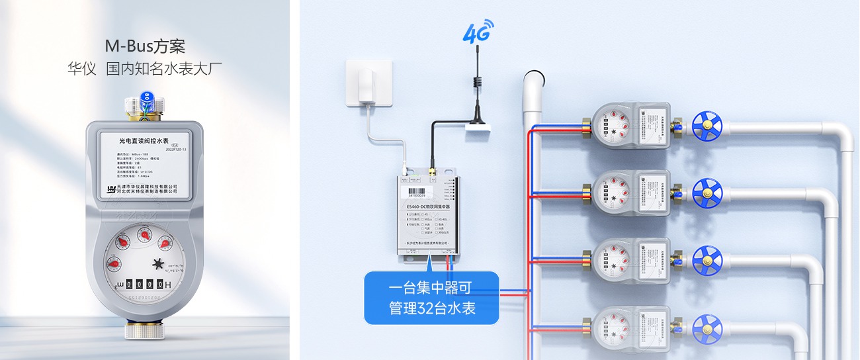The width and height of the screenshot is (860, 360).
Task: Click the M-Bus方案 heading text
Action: click(x=145, y=46)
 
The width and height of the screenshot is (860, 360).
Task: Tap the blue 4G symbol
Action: click(x=478, y=32)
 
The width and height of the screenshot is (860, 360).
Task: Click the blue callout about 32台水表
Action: click(x=431, y=298)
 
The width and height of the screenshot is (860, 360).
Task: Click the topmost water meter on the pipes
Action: click(x=631, y=124)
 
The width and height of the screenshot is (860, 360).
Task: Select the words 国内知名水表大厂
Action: click(x=163, y=68)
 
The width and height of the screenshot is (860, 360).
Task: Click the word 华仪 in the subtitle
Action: click(x=82, y=68)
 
